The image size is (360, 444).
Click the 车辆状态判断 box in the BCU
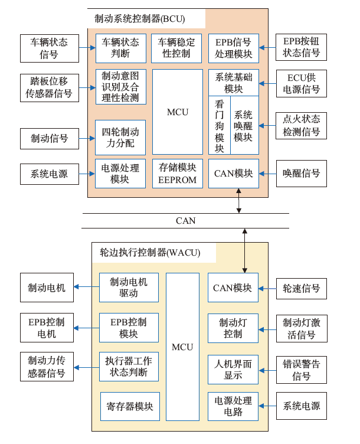tap(120, 48)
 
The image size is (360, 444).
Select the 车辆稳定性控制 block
tap(177, 48)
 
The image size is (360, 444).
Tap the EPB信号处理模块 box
tap(233, 48)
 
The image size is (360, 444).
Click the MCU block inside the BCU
tap(177, 112)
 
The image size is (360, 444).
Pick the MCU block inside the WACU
tap(182, 347)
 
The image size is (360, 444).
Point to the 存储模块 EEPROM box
tap(177, 174)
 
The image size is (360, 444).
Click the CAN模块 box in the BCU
tap(233, 174)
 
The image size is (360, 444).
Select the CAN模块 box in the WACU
tap(233, 288)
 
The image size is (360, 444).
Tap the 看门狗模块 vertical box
tap(219, 126)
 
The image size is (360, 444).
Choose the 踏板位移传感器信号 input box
tap(49, 87)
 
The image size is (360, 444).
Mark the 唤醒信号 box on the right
tap(301, 174)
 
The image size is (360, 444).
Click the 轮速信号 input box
tap(301, 288)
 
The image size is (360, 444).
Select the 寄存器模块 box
tap(129, 406)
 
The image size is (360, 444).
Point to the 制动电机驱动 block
tap(129, 288)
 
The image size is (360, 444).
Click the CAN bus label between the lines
tap(185, 221)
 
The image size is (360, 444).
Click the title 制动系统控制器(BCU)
tap(139, 19)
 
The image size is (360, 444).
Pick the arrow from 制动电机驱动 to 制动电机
tap(86, 288)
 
